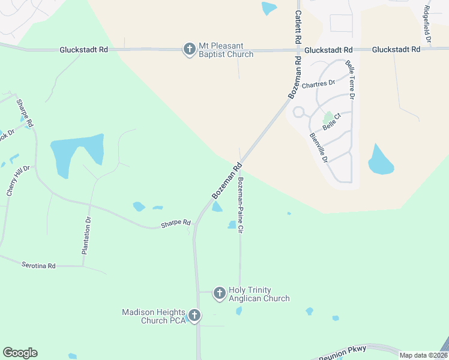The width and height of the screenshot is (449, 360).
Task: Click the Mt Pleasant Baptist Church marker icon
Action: pos(189,49)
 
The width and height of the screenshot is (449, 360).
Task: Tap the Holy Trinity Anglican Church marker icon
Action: pos(219,293)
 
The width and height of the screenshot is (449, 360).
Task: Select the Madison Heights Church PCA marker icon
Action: pos(194,315)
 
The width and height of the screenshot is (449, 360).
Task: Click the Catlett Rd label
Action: pos(297,26)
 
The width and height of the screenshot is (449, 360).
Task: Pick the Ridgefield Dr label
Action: pos(427,24)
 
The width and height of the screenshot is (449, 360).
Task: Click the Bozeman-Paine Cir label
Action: pos(241,205)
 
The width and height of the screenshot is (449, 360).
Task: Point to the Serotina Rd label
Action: pos(38,265)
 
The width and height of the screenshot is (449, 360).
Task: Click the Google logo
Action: pos(20,353)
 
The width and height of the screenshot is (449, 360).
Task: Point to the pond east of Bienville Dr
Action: pos(381,160)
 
